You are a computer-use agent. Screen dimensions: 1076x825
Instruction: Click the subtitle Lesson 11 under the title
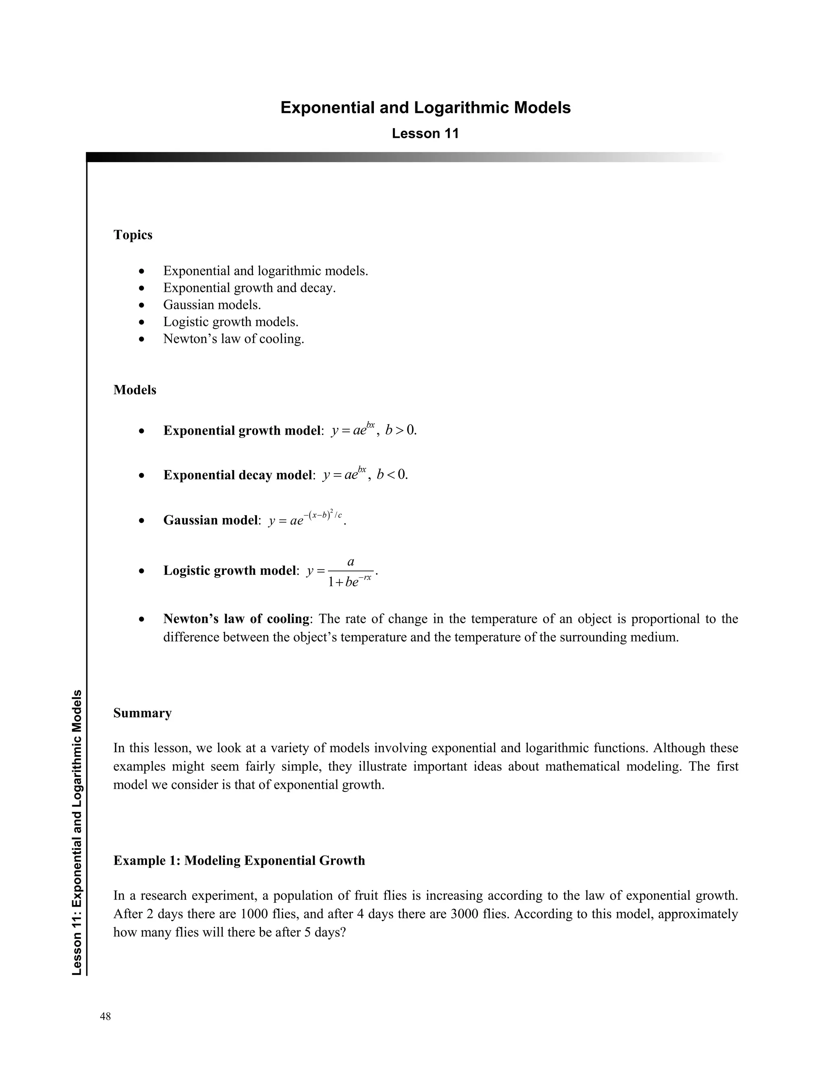click(425, 133)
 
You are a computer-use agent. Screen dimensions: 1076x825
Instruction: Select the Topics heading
click(133, 235)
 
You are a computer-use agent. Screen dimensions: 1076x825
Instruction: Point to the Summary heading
click(143, 713)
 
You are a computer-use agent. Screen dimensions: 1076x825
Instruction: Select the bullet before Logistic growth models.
click(141, 322)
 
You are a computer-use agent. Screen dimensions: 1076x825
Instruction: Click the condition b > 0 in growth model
click(401, 431)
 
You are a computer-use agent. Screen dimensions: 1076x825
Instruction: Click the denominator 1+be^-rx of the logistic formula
click(350, 582)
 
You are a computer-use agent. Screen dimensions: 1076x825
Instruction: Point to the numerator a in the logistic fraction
click(350, 562)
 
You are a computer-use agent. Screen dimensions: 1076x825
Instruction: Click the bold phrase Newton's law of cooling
click(236, 618)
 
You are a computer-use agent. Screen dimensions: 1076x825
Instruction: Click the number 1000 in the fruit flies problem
click(253, 914)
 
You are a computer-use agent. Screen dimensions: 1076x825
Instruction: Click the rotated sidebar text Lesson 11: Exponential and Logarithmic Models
click(77, 833)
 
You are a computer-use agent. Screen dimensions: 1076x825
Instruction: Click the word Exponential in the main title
click(327, 108)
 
